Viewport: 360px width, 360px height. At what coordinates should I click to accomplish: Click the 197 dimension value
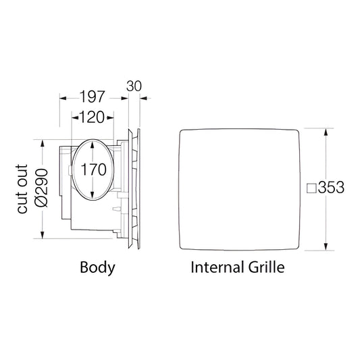click(x=92, y=97)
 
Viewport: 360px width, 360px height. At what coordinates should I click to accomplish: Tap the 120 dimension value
click(x=92, y=118)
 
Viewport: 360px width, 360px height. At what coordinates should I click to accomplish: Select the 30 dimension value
click(x=134, y=86)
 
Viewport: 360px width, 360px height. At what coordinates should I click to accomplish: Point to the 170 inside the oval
click(x=94, y=170)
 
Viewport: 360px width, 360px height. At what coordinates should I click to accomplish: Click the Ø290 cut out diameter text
click(x=42, y=188)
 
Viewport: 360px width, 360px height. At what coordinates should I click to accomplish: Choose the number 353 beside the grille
click(x=331, y=187)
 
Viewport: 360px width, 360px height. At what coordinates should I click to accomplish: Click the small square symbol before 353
click(x=311, y=188)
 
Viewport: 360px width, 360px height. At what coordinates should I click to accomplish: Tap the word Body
click(x=97, y=267)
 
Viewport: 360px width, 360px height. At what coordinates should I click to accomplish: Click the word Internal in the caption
click(x=217, y=267)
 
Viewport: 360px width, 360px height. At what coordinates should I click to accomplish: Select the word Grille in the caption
click(x=267, y=267)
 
